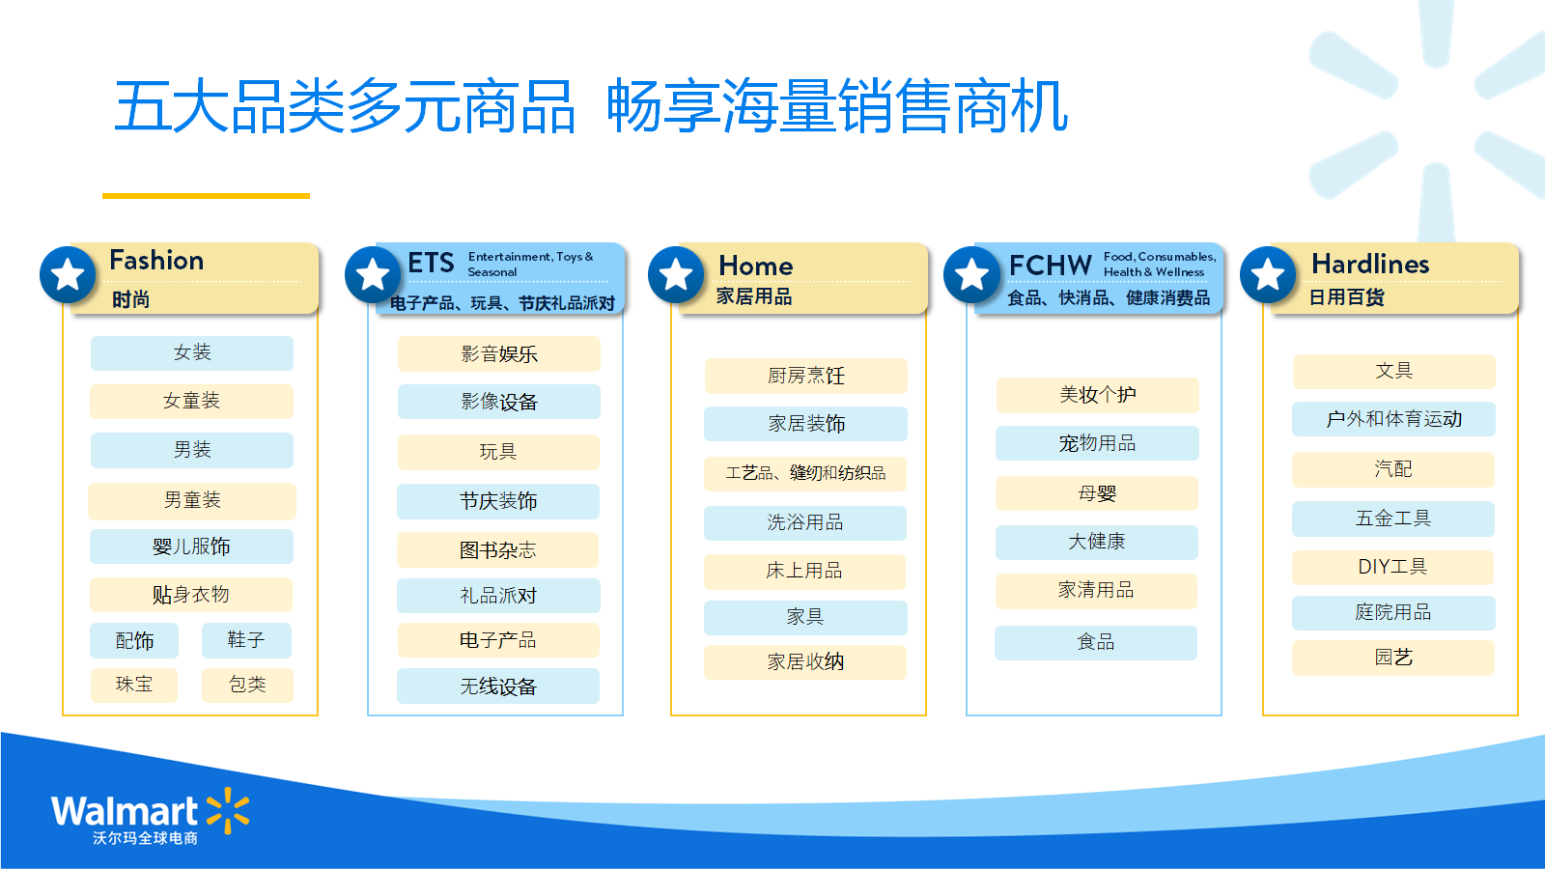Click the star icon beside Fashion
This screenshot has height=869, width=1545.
click(x=68, y=274)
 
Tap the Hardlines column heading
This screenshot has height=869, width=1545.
click(x=1370, y=264)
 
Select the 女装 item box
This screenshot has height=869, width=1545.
click(x=192, y=353)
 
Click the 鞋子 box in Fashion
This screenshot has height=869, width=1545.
click(x=246, y=640)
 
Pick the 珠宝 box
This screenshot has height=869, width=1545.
click(x=134, y=685)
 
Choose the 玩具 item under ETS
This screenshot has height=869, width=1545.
click(x=498, y=453)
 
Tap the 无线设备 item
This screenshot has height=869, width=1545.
click(x=498, y=687)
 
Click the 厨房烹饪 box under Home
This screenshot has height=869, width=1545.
click(x=805, y=376)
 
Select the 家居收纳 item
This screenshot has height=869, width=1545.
click(x=805, y=662)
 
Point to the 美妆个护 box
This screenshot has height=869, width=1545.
click(x=1097, y=395)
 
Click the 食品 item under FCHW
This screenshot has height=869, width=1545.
click(x=1096, y=643)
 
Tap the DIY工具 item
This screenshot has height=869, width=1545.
click(x=1392, y=567)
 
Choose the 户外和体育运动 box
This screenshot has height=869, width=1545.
click(x=1393, y=419)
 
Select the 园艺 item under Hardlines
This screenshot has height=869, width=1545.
click(x=1393, y=658)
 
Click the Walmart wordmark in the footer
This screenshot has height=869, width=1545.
click(x=125, y=811)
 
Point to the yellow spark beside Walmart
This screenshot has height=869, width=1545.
click(x=228, y=810)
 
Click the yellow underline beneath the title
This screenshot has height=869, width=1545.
click(x=206, y=196)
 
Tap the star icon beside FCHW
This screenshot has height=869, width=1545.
click(x=971, y=274)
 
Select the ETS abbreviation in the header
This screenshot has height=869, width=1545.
click(x=431, y=263)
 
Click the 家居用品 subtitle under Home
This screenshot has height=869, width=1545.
click(x=754, y=296)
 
